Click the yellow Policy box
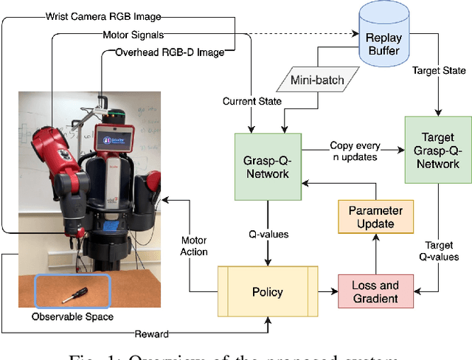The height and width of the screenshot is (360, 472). [x=267, y=291]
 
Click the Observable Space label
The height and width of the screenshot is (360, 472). [x=72, y=317]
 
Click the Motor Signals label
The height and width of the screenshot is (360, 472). [x=134, y=34]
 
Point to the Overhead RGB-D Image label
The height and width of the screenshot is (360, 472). [x=170, y=52]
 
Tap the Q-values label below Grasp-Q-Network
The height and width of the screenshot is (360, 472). [x=267, y=235]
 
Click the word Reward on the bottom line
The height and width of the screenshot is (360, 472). [x=151, y=334]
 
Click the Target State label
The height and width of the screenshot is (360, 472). [x=441, y=71]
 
